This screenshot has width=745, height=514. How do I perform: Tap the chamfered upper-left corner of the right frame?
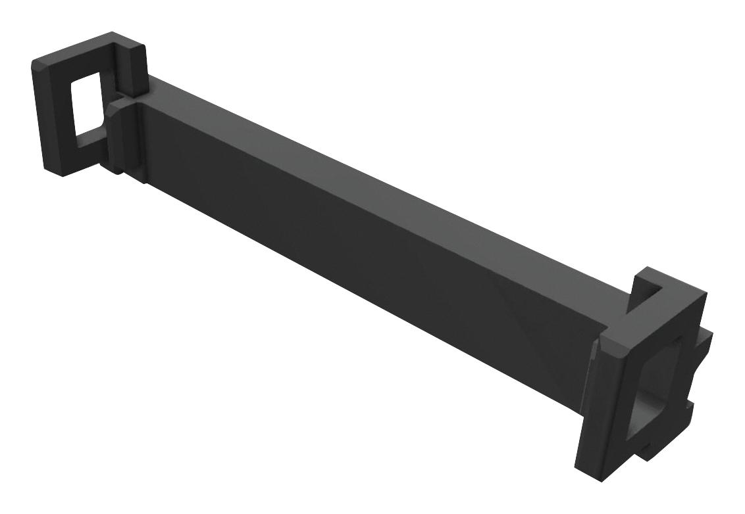(x=604, y=342)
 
